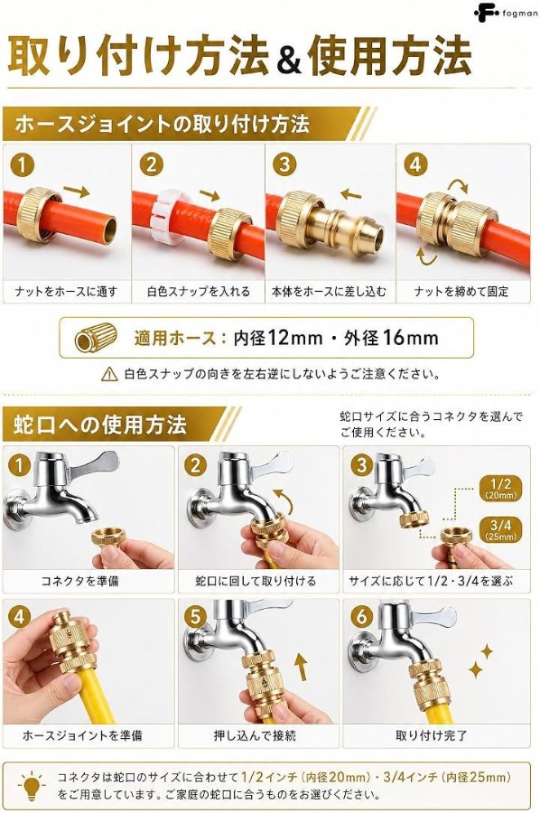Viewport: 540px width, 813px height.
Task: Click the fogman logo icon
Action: (486, 13)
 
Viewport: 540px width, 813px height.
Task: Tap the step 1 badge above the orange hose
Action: (22, 165)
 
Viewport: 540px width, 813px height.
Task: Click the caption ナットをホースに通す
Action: (66, 292)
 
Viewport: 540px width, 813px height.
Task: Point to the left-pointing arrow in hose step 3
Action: (351, 195)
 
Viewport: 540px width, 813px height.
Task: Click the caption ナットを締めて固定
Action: (461, 292)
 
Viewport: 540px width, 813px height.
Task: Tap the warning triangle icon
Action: (109, 374)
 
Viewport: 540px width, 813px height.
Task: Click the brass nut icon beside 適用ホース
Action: (96, 338)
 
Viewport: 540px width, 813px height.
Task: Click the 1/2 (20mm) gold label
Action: (500, 489)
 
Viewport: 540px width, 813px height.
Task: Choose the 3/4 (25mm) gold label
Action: (500, 530)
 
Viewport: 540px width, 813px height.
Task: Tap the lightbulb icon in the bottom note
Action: (32, 786)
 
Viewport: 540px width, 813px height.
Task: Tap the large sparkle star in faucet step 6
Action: (476, 669)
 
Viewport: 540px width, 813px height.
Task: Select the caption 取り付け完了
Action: (431, 735)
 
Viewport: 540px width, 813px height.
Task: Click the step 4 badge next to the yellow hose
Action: (19, 616)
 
